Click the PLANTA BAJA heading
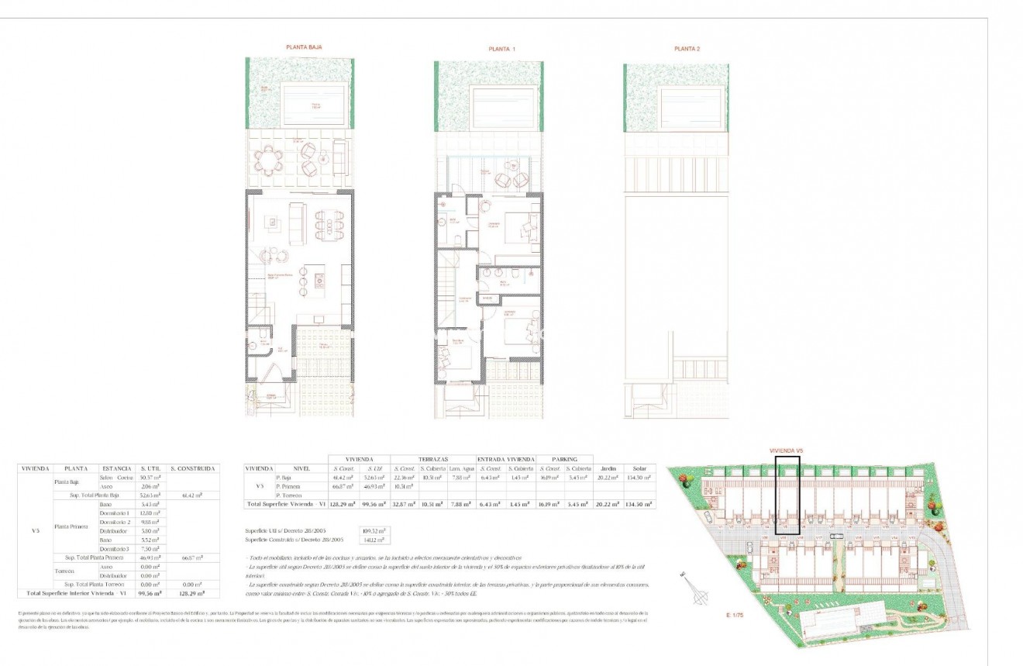(x=305, y=47)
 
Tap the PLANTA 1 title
(x=501, y=49)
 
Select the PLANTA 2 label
(x=687, y=49)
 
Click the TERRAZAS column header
(x=432, y=459)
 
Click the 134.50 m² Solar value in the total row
(x=639, y=504)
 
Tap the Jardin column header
(x=608, y=469)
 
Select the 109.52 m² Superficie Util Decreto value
(x=374, y=530)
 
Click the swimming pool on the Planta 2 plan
(x=694, y=105)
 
